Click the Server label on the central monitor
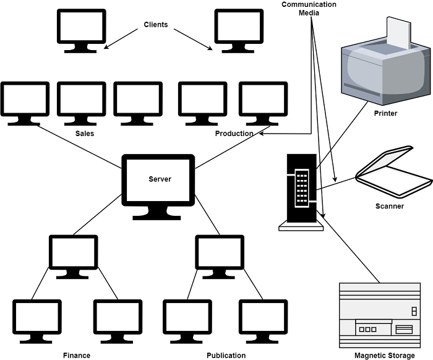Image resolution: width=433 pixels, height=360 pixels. pyautogui.click(x=160, y=179)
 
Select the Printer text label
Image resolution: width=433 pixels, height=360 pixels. pyautogui.click(x=385, y=114)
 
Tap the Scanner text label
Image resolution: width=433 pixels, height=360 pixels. pyautogui.click(x=389, y=206)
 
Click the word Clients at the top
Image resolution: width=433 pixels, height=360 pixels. pyautogui.click(x=156, y=25)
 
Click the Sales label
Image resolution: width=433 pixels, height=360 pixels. pyautogui.click(x=85, y=134)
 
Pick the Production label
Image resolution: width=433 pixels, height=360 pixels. pyautogui.click(x=234, y=134)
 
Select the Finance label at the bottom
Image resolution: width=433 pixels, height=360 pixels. pyautogui.click(x=77, y=355)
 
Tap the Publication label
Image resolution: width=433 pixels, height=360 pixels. pyautogui.click(x=226, y=355)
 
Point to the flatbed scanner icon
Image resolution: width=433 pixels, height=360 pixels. pyautogui.click(x=393, y=173)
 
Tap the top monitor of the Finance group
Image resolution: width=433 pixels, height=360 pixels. pyautogui.click(x=74, y=255)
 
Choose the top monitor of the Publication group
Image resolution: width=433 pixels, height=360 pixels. pyautogui.click(x=220, y=255)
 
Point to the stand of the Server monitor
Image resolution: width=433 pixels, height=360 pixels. pyautogui.click(x=157, y=213)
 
